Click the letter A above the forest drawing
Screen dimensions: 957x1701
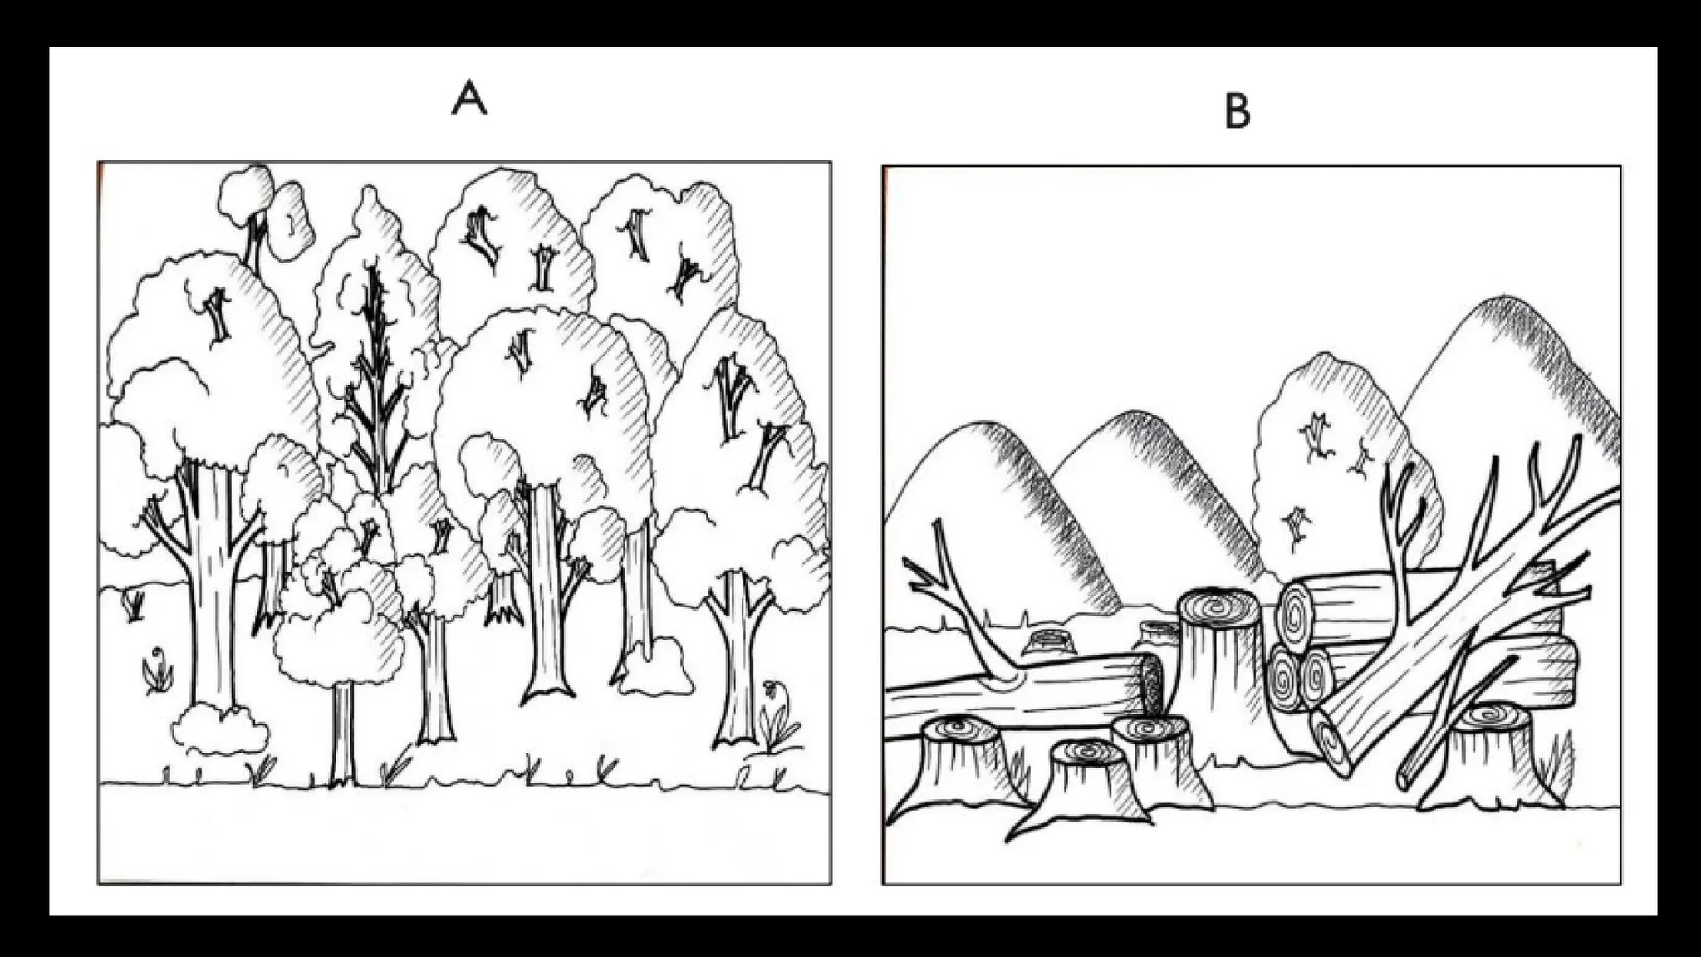point(469,101)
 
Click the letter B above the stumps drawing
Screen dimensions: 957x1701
point(1238,112)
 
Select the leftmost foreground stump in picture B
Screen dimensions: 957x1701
point(963,760)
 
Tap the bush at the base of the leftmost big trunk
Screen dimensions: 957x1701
point(220,731)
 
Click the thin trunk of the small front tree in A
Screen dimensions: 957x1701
point(341,731)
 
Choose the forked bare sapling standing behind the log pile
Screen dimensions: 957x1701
point(1404,532)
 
